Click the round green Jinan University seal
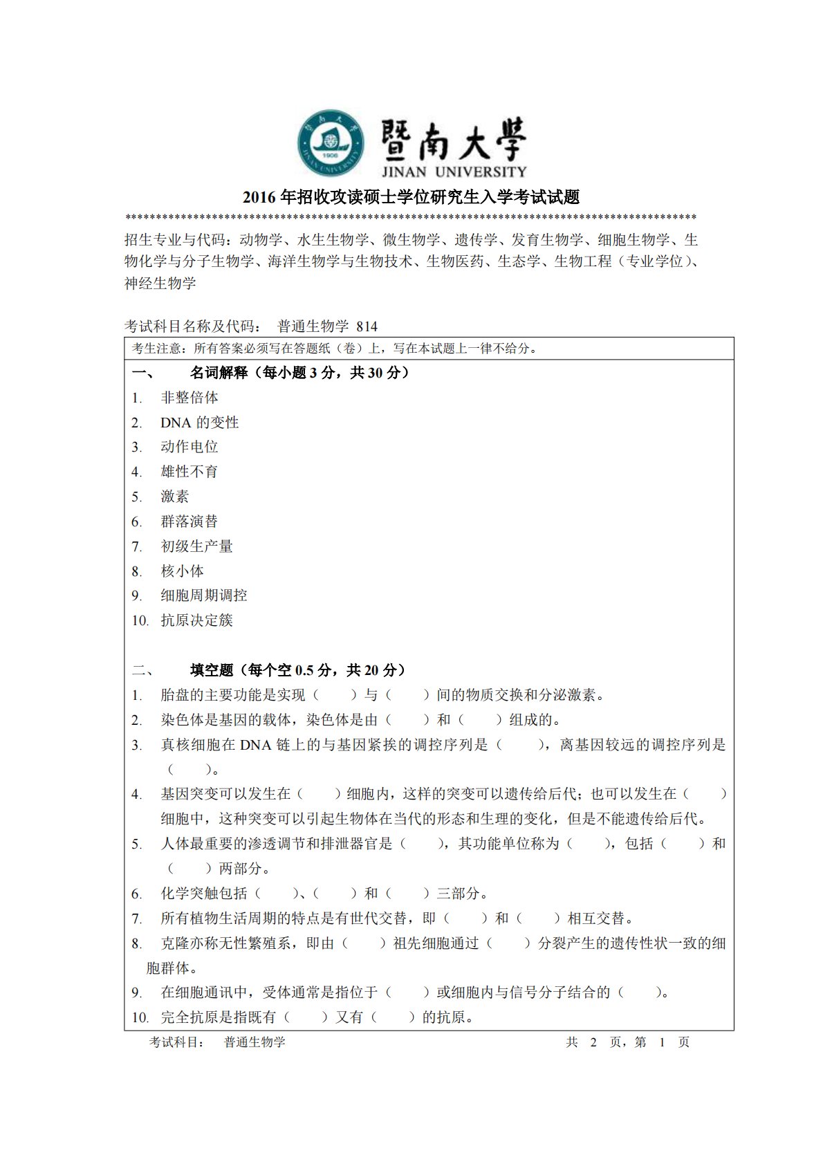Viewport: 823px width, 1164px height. coord(331,143)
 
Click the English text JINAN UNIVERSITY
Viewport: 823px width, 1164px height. coord(454,172)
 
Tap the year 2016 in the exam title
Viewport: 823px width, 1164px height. coord(259,198)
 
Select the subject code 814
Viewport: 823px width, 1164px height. coord(367,326)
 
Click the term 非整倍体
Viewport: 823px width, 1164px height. coord(189,398)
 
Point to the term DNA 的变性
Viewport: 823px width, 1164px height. coord(199,423)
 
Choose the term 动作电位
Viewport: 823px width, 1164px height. coord(189,447)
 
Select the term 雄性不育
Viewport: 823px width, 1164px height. coord(189,472)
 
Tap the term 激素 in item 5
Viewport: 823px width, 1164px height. coord(175,497)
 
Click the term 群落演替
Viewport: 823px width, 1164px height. coord(189,521)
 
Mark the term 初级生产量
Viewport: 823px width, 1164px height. coord(196,546)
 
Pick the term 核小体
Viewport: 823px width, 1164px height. coord(183,571)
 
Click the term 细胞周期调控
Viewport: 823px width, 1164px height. coord(204,595)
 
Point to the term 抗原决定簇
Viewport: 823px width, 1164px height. coord(196,620)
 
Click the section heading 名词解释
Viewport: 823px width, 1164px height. coord(219,373)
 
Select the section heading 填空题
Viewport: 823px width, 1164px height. coord(212,670)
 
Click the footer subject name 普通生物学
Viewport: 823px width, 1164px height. coord(255,1042)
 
